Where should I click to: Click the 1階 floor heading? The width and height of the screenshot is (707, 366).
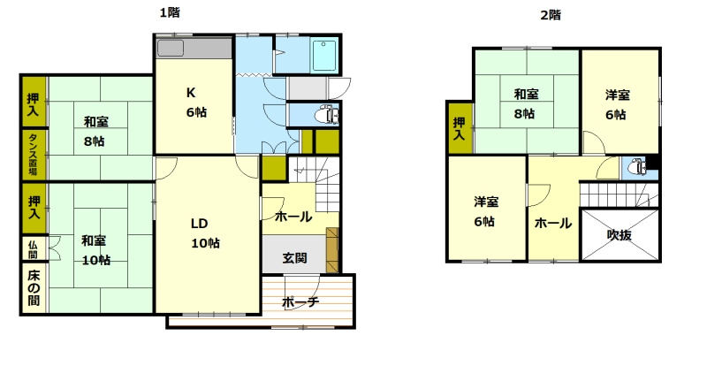coord(170,13)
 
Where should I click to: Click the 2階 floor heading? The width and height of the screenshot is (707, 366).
coord(551,15)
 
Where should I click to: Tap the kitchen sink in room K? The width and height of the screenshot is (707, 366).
coord(171,48)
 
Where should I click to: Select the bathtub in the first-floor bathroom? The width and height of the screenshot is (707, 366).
coord(324,56)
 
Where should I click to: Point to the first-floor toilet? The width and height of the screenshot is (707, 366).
coord(328,115)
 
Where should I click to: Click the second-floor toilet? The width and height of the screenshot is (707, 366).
coord(638,167)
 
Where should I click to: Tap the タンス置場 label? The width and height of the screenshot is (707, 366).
coord(34,154)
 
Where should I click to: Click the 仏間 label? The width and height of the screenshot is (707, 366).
coord(33,248)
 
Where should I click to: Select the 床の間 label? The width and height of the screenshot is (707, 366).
coord(34,288)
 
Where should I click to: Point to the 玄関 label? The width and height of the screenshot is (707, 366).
coord(295,258)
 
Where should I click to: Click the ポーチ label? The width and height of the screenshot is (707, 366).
coord(300,302)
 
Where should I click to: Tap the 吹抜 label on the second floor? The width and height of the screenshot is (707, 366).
coord(620,234)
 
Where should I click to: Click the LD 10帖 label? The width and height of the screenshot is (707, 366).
coord(205,233)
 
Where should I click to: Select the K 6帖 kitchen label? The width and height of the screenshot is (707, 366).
coord(196,103)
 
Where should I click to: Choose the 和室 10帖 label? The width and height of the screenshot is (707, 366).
coord(95,250)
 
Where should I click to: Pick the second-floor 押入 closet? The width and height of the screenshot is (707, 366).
coord(460,128)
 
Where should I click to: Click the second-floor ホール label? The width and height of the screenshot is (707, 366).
coord(553,224)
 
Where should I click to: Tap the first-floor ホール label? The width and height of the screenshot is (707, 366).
coord(293,217)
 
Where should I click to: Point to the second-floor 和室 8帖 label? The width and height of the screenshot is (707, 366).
coord(526,103)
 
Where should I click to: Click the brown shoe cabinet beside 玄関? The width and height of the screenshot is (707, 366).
coord(332,250)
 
